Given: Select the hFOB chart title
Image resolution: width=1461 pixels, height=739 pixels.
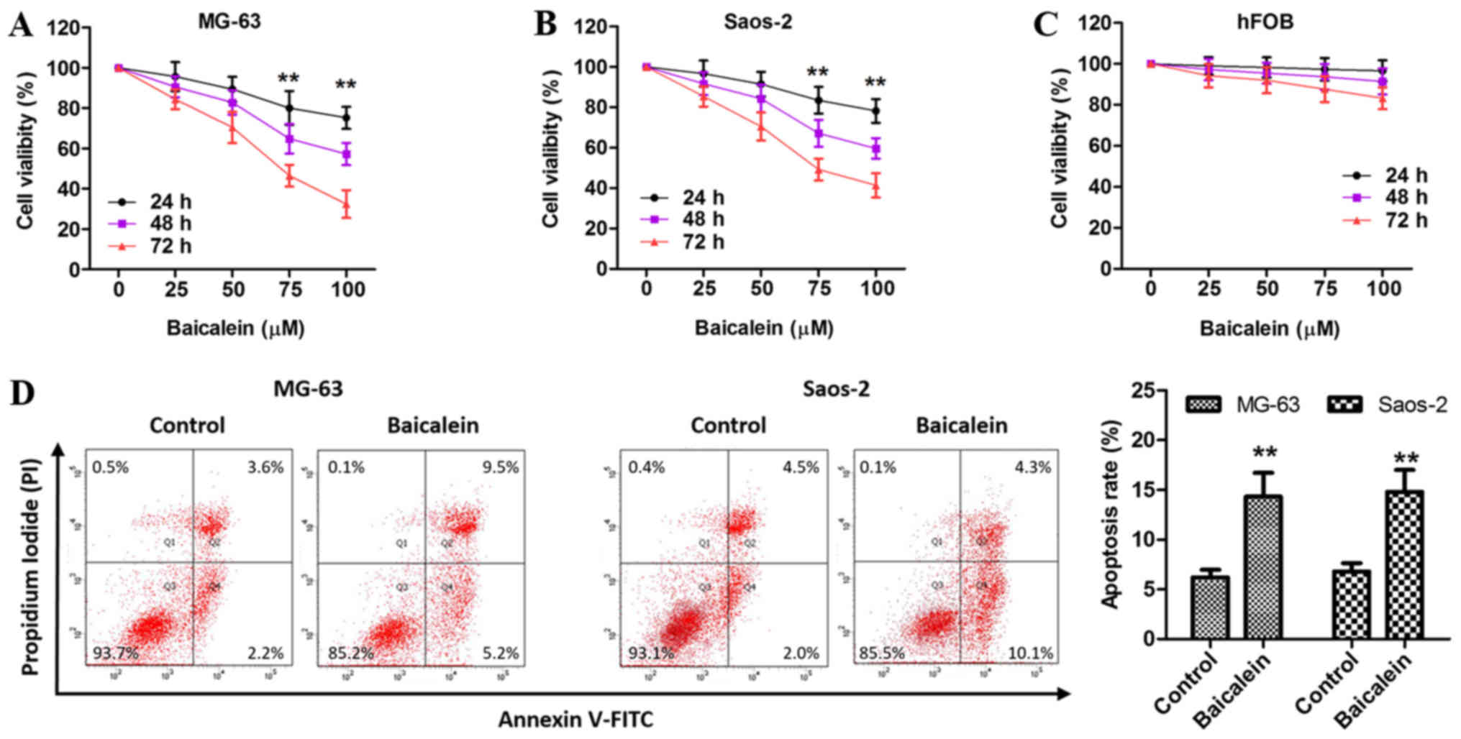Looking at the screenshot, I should (1265, 22).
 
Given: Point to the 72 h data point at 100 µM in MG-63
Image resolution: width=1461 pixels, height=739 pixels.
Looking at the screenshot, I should (346, 205).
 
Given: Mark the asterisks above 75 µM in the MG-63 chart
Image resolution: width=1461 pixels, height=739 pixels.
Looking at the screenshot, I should (288, 79).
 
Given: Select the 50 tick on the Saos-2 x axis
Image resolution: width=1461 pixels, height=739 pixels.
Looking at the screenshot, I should (762, 289).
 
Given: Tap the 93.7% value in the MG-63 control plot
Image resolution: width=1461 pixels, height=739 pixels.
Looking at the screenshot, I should (115, 653).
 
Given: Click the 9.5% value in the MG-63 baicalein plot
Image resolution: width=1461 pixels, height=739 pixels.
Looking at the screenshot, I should (500, 467).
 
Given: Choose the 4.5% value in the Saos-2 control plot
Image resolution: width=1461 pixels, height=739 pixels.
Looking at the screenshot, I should (801, 467).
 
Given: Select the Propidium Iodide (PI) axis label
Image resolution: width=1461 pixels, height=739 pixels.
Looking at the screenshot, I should (30, 567).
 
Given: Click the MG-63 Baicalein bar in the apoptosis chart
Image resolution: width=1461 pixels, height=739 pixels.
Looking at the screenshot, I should (1263, 567).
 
